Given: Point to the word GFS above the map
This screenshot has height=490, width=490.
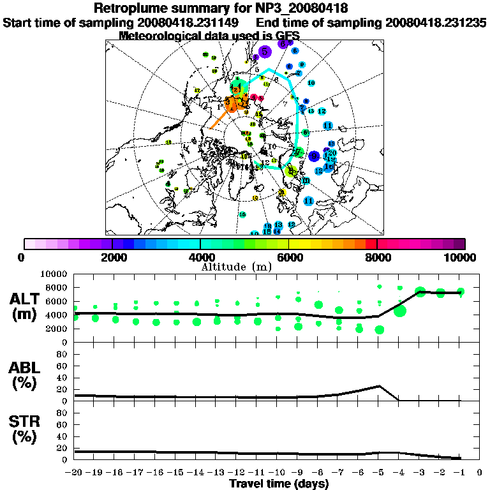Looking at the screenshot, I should pyautogui.click(x=286, y=35).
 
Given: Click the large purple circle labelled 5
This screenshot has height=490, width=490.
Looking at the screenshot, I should pyautogui.click(x=265, y=51).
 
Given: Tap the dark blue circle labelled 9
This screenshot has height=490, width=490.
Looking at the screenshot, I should pyautogui.click(x=313, y=156).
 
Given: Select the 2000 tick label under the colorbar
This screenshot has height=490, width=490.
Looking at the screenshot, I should pyautogui.click(x=112, y=257).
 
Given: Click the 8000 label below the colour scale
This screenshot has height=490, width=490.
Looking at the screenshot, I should pyautogui.click(x=377, y=257).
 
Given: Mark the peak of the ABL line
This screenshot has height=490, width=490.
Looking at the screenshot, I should pyautogui.click(x=380, y=386).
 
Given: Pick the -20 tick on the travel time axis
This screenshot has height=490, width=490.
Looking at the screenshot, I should pyautogui.click(x=75, y=473).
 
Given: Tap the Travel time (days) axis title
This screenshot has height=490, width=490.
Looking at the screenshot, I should pyautogui.click(x=279, y=484).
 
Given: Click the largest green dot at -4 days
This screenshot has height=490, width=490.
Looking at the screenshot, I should pyautogui.click(x=400, y=311).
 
